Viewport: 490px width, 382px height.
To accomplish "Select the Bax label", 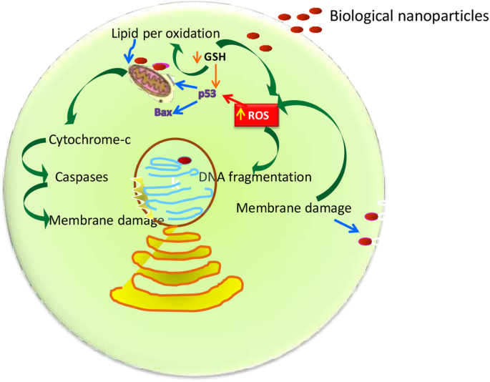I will [x=164, y=111].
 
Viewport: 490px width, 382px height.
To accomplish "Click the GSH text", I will [x=215, y=55].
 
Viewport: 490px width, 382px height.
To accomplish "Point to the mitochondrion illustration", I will [x=153, y=81].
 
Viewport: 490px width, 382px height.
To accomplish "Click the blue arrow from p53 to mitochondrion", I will [x=185, y=89].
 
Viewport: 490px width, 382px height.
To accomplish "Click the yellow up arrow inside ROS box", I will [x=241, y=115].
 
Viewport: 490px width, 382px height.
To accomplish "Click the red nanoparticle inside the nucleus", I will [x=185, y=160].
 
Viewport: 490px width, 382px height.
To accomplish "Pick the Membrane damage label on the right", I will [x=293, y=208].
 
